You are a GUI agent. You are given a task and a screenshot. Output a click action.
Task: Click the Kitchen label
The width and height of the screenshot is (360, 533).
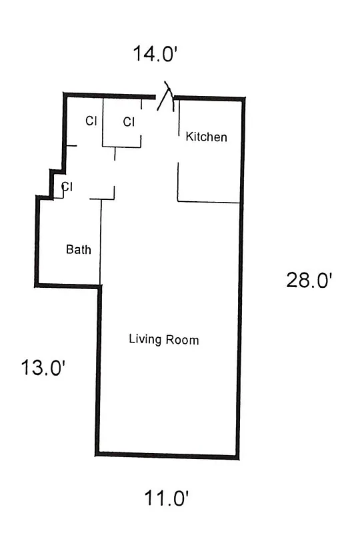[206, 137]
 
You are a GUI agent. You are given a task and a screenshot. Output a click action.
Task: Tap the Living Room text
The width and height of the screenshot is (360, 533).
[163, 340]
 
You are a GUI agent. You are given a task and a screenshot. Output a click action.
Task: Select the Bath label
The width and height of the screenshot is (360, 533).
[78, 250]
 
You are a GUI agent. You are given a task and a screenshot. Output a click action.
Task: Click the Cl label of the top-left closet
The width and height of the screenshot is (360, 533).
[91, 121]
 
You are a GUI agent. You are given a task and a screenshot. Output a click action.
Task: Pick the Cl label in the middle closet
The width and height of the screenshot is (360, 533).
[129, 122]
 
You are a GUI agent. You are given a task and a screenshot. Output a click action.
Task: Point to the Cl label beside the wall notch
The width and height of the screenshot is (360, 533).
[67, 186]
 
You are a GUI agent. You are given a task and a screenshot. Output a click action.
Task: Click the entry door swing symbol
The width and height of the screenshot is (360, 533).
[167, 99]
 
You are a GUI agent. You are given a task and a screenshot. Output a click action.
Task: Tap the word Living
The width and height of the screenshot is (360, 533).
[145, 340]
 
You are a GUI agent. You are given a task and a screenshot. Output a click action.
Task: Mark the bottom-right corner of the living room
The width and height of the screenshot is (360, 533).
[237, 457]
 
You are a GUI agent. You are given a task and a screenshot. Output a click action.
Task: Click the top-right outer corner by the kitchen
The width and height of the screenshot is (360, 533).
[243, 99]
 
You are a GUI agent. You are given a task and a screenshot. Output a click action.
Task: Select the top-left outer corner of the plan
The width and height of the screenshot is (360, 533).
[65, 95]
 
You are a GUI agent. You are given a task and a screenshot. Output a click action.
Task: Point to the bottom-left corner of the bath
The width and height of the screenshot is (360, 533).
[36, 285]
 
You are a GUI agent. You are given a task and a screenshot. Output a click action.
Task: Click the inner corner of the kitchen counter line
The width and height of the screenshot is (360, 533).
[178, 201]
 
